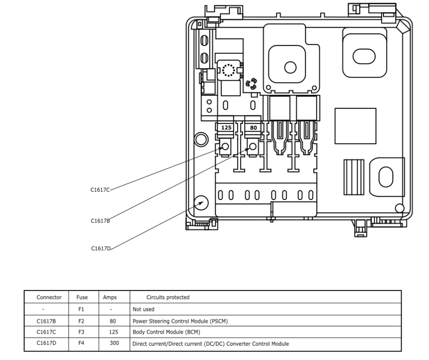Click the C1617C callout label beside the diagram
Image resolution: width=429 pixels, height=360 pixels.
[x=100, y=190]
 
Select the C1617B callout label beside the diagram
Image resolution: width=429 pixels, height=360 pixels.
[x=100, y=221]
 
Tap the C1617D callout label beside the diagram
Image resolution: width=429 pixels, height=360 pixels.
[x=101, y=248]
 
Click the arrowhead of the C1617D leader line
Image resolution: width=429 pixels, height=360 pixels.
[x=201, y=203]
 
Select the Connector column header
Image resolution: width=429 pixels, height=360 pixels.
[x=49, y=298]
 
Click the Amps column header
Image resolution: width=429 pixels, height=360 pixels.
[x=110, y=298]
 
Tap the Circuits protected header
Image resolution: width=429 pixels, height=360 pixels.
[x=168, y=298]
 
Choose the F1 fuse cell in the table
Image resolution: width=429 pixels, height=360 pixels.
[x=81, y=309]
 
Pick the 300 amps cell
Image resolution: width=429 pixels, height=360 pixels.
[x=114, y=343]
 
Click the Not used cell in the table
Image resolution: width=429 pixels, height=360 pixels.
[x=143, y=309]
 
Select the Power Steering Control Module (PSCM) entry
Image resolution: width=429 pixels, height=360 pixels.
[x=180, y=321]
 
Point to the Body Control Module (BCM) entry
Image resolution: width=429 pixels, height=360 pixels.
[x=167, y=332]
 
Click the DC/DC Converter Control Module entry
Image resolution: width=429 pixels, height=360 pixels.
[x=211, y=344]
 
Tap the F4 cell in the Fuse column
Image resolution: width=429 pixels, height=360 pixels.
[x=81, y=343]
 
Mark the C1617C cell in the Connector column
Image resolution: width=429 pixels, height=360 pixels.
[x=46, y=332]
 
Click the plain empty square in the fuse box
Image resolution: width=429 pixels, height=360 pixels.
[x=355, y=126]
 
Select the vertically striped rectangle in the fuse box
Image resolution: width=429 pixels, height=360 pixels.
[x=354, y=177]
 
